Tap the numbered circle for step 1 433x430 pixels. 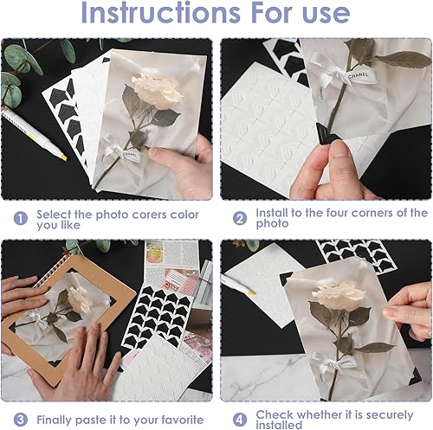[x=21, y=218]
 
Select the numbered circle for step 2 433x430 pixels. [x=240, y=218]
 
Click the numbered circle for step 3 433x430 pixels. [x=21, y=420]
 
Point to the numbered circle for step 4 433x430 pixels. [x=240, y=420]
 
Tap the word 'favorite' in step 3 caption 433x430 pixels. [x=183, y=420]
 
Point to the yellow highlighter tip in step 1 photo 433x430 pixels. [x=64, y=157]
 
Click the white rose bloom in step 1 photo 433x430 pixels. [x=158, y=90]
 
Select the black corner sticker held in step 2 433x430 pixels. [x=326, y=134]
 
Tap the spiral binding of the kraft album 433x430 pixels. [x=49, y=271]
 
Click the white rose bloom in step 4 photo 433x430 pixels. [x=339, y=295]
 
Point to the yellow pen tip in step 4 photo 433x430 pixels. [x=252, y=292]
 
